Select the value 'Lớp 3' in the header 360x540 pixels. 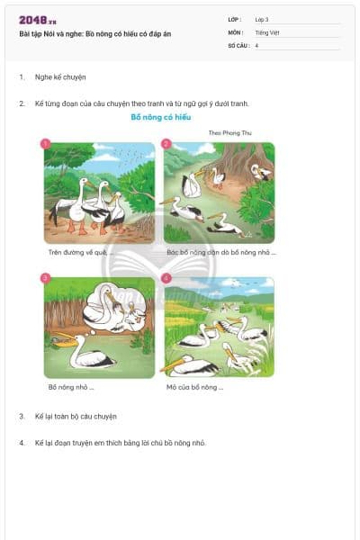(263, 19)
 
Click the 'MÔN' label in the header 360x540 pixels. (235, 31)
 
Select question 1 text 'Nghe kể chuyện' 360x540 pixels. (60, 77)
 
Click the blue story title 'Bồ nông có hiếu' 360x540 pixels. (161, 117)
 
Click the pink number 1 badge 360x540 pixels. (46, 143)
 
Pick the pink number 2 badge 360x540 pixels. (166, 143)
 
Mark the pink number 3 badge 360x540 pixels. (46, 278)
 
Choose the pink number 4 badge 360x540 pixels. (166, 278)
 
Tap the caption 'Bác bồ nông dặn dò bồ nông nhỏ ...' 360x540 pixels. (220, 253)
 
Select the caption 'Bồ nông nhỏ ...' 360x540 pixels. (71, 387)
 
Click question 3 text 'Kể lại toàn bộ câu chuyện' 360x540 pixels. (76, 417)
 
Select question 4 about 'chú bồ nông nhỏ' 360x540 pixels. (120, 443)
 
